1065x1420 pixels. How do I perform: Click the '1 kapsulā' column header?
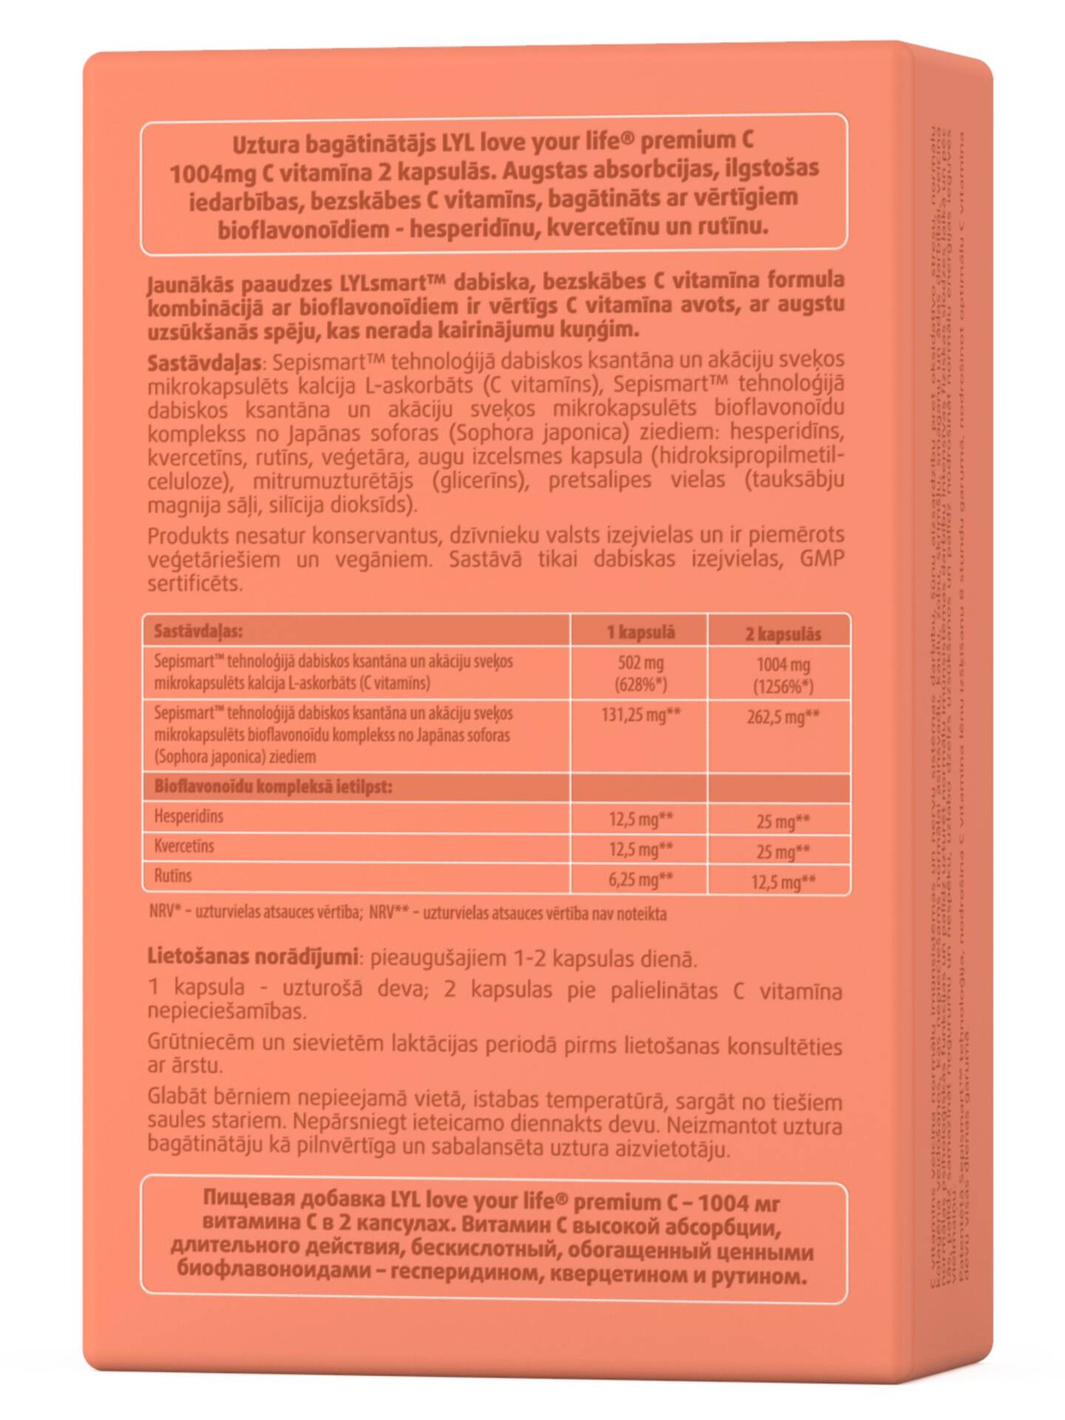tap(640, 632)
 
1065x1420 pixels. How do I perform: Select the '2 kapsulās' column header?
tap(782, 634)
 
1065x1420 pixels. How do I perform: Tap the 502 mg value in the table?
tap(640, 663)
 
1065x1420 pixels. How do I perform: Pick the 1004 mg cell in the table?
tap(783, 665)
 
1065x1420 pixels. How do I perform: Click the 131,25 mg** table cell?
tap(640, 715)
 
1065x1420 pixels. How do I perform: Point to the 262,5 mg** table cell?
tap(783, 717)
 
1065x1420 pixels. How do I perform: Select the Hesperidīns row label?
tap(189, 816)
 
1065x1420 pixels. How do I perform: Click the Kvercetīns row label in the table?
tap(184, 846)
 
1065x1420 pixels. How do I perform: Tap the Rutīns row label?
tap(172, 876)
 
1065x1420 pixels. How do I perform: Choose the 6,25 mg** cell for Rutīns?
tap(640, 879)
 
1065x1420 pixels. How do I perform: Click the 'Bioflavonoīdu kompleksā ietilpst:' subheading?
tap(273, 786)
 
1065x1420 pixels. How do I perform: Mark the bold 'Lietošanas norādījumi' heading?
tap(253, 956)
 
